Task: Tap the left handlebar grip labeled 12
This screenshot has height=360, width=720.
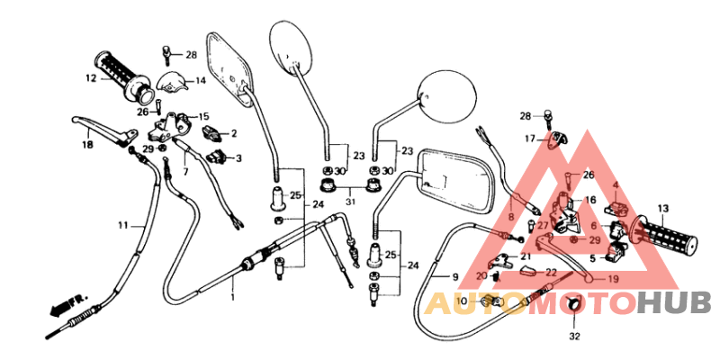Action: coord(122,76)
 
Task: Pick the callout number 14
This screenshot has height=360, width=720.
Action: coord(200,81)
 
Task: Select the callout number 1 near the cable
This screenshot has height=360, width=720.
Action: coord(231,297)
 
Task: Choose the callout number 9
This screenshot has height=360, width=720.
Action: coord(455,276)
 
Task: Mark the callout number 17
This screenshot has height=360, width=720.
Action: coord(531,138)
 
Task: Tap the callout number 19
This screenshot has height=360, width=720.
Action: coord(612,279)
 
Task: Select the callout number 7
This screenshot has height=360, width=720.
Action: coord(185,171)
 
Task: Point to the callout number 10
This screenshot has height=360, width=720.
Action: coord(462,301)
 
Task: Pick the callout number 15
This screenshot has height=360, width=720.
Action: coord(203,117)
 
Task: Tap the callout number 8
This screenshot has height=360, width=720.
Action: coord(510,217)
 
